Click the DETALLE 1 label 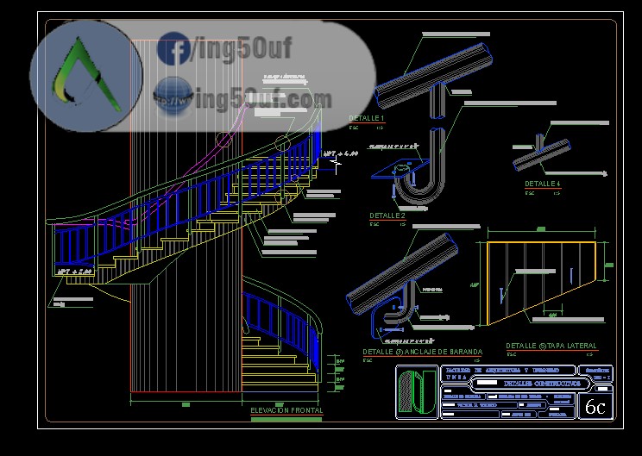[x=366, y=117]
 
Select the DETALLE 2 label [x=387, y=216]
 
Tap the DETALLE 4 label [x=543, y=184]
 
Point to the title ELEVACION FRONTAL [x=286, y=410]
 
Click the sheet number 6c [x=595, y=407]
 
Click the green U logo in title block [x=418, y=392]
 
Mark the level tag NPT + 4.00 [x=340, y=154]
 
